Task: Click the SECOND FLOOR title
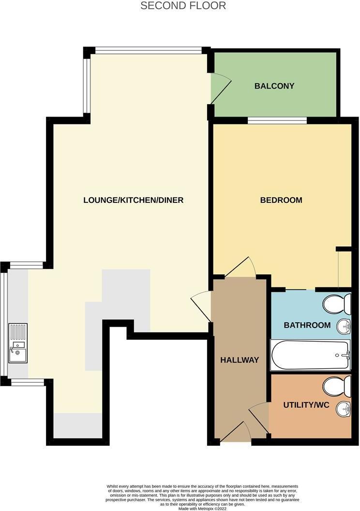pos(183,6)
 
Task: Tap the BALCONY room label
pos(274,86)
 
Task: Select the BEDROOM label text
pos(281,200)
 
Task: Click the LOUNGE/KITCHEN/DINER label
pos(133,200)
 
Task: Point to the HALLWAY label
pos(240,360)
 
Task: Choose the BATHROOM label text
pos(307,325)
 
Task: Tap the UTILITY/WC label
pos(306,405)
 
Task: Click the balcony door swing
pos(218,87)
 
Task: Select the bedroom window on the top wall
pos(277,120)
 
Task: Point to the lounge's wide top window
pos(148,49)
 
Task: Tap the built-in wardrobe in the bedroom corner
pos(345,269)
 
